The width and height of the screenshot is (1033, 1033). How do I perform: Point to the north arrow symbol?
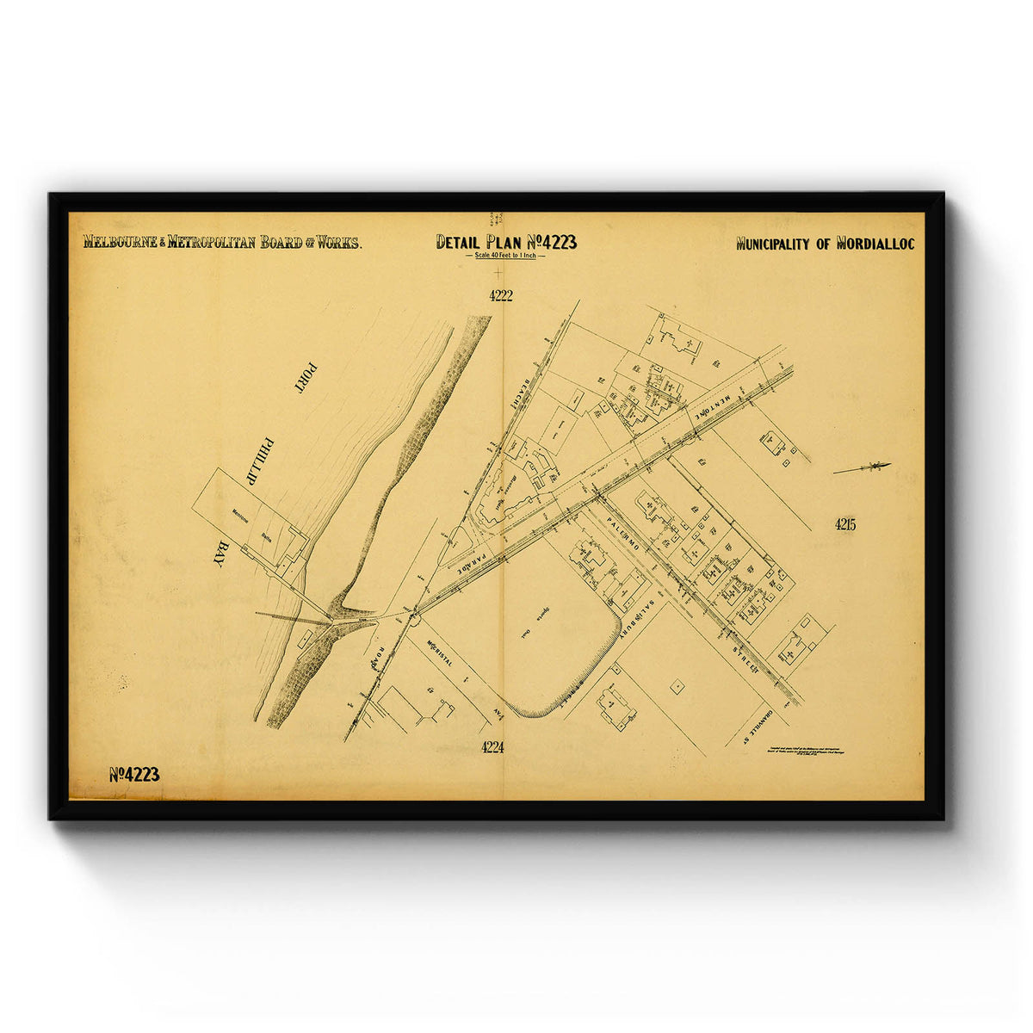[x=863, y=467]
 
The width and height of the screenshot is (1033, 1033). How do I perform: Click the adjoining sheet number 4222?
[x=500, y=295]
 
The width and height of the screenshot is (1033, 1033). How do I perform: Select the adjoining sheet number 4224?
[x=492, y=746]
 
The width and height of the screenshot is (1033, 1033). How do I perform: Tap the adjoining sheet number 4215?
[x=844, y=524]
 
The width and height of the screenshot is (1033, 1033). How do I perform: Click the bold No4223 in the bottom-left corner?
[x=134, y=774]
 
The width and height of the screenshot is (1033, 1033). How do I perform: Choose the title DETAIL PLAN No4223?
[x=506, y=242]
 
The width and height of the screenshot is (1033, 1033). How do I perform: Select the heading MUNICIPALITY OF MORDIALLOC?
[x=825, y=244]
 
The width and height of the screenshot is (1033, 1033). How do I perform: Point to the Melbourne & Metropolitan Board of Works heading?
[x=222, y=242]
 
